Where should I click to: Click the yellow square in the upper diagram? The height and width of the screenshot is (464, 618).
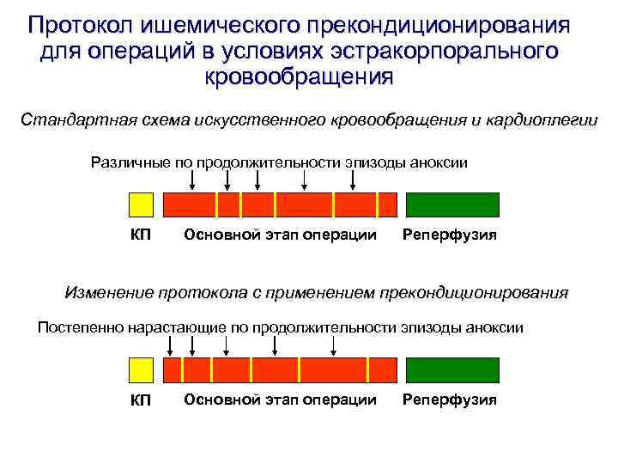pyautogui.click(x=141, y=205)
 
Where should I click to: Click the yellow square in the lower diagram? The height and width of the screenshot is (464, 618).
pyautogui.click(x=141, y=370)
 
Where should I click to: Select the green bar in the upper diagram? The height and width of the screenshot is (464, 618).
pyautogui.click(x=451, y=205)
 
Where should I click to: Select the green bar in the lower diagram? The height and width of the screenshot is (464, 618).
pyautogui.click(x=451, y=370)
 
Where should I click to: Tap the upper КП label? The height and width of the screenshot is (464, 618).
pyautogui.click(x=141, y=235)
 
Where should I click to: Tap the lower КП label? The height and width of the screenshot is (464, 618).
pyautogui.click(x=141, y=400)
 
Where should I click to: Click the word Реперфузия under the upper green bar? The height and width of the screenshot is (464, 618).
pyautogui.click(x=450, y=235)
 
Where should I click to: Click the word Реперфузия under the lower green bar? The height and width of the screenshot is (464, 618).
pyautogui.click(x=450, y=400)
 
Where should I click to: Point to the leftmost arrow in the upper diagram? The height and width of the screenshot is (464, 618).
pyautogui.click(x=192, y=180)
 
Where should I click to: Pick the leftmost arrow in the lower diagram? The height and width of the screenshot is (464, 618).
pyautogui.click(x=170, y=345)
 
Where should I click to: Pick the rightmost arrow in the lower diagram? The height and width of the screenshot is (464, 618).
pyautogui.click(x=333, y=345)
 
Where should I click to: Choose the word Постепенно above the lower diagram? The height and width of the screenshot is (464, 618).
pyautogui.click(x=82, y=327)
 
